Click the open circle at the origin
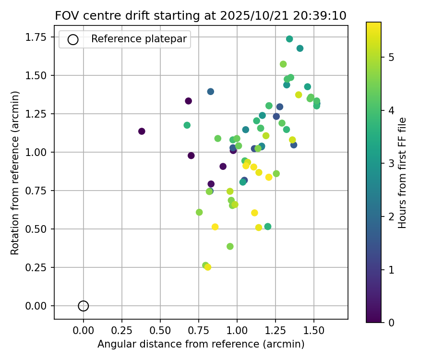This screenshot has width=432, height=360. (x=84, y=306)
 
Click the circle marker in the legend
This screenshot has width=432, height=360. (x=73, y=39)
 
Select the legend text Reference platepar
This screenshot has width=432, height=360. (x=139, y=39)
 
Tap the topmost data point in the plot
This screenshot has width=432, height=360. (x=289, y=39)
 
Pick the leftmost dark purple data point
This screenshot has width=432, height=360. (x=142, y=131)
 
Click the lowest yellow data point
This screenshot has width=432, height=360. (x=208, y=267)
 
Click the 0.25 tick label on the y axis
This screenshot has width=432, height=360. (x=40, y=267)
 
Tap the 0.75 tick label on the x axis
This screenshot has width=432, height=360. (x=198, y=331)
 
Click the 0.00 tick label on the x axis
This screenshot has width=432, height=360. (x=84, y=331)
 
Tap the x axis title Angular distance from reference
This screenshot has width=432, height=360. (x=201, y=344)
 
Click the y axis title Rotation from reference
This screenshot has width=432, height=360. (x=15, y=173)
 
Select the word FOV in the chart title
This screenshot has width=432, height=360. (x=65, y=15)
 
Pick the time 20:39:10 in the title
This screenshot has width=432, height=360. (x=317, y=15)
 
